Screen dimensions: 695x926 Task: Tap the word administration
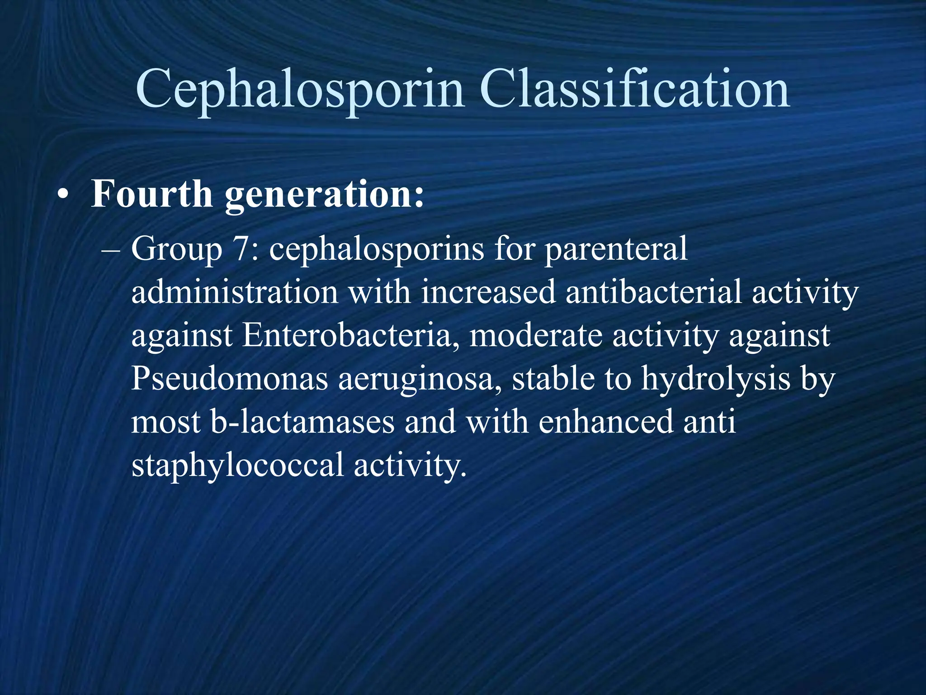tap(235, 292)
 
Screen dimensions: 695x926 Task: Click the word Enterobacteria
tap(347, 335)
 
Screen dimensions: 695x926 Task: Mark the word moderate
tap(536, 335)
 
